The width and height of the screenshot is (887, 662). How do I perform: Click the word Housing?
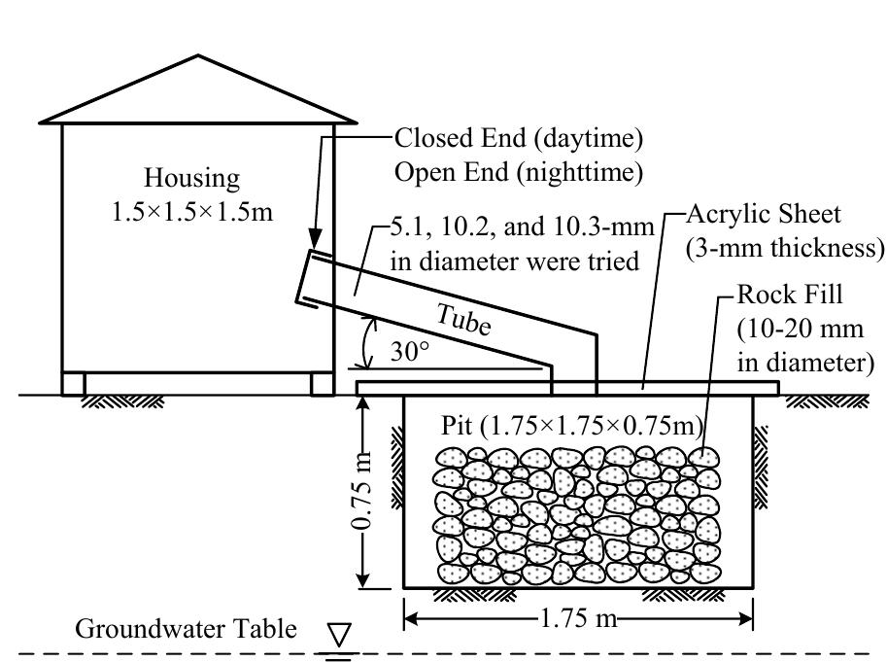click(x=191, y=178)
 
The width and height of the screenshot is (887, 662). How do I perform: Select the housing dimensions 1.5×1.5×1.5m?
click(x=192, y=210)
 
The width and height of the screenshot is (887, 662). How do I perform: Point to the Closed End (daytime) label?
click(x=519, y=139)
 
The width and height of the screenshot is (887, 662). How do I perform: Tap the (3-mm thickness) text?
click(x=783, y=247)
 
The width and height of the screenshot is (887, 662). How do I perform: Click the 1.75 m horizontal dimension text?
click(x=577, y=619)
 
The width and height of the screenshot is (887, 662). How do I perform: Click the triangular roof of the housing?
click(x=198, y=92)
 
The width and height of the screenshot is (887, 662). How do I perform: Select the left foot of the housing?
click(x=73, y=383)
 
